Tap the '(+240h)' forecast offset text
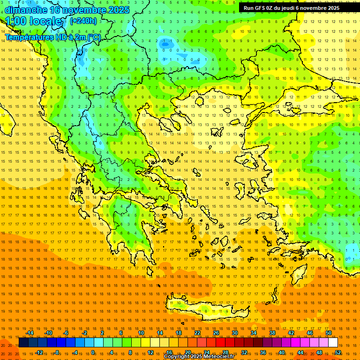click(x=83, y=21)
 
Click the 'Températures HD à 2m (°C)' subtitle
click(x=52, y=37)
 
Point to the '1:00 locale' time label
click(x=33, y=22)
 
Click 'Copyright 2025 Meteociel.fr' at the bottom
click(x=199, y=357)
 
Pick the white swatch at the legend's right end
click(x=333, y=342)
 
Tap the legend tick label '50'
click(x=329, y=333)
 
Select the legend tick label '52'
click(x=338, y=352)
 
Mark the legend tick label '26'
click(x=216, y=333)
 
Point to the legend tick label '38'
click(x=272, y=333)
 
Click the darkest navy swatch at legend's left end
click(x=23, y=342)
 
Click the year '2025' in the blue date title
click(x=115, y=10)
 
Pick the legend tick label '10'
click(x=141, y=333)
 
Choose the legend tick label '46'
click(x=310, y=333)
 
